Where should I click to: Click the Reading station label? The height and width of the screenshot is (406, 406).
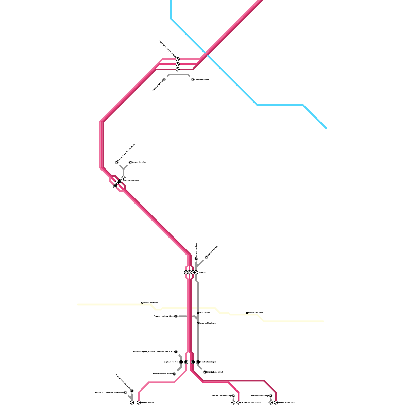pos(202,272)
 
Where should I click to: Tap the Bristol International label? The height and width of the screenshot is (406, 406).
pos(130,181)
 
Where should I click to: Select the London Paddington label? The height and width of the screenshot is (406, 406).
pos(208,362)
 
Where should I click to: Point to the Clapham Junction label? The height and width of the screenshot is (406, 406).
pos(171,362)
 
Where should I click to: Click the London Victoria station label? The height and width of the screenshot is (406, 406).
pos(148,402)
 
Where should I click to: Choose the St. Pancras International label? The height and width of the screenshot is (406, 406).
pos(251,402)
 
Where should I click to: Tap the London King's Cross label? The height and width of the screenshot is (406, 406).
pos(287,402)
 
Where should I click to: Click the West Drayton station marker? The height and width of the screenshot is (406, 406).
pos(198,313)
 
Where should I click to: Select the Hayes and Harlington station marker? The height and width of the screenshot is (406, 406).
pos(198,323)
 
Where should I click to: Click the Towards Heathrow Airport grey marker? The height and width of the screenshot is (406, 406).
pos(176,316)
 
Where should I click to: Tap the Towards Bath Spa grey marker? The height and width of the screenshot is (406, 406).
pos(130,162)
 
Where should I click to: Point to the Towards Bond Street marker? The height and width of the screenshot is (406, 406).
pos(205,372)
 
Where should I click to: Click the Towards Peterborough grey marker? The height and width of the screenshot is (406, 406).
pos(270,396)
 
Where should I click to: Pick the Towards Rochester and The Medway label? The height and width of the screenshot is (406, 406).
pos(109,392)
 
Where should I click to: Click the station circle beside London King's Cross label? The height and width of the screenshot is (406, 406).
pos(276,402)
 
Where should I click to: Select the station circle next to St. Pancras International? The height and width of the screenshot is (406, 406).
pos(239,402)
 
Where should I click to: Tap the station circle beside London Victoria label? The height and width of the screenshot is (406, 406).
pos(139,402)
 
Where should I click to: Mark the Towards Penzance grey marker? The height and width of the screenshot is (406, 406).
pos(193,79)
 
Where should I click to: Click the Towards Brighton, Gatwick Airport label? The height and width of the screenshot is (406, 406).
pos(154,352)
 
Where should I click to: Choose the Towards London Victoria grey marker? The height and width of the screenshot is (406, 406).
pos(174,374)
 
